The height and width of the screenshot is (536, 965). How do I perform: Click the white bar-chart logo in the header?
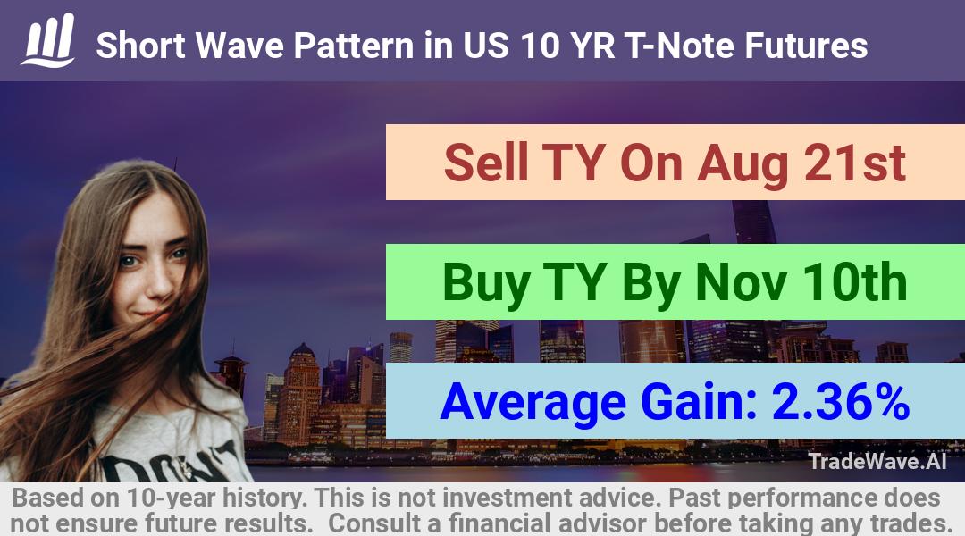(x=48, y=40)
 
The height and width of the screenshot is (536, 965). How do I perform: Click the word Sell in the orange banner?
(x=486, y=163)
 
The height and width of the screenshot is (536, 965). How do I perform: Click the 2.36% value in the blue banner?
(x=841, y=401)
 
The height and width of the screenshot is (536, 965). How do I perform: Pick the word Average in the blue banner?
(x=533, y=401)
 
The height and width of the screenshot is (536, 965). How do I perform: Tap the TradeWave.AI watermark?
(x=877, y=461)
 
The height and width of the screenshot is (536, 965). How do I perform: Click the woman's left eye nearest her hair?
(x=128, y=261)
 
